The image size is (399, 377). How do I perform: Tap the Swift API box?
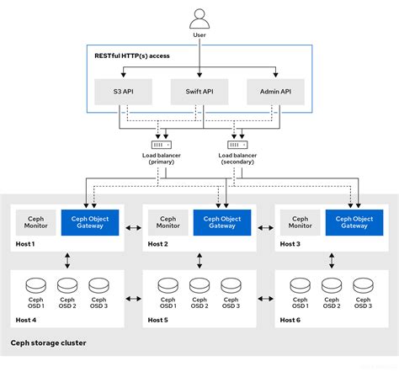[x=199, y=92]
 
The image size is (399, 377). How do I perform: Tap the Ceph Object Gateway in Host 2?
[x=216, y=221]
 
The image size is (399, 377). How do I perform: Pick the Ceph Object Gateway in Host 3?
[x=348, y=221]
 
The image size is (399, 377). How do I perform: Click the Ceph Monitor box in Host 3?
[x=301, y=221]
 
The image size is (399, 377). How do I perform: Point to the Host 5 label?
[x=158, y=319]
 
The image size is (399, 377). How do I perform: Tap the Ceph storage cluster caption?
[x=48, y=342]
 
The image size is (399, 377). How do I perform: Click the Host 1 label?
[x=26, y=243]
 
